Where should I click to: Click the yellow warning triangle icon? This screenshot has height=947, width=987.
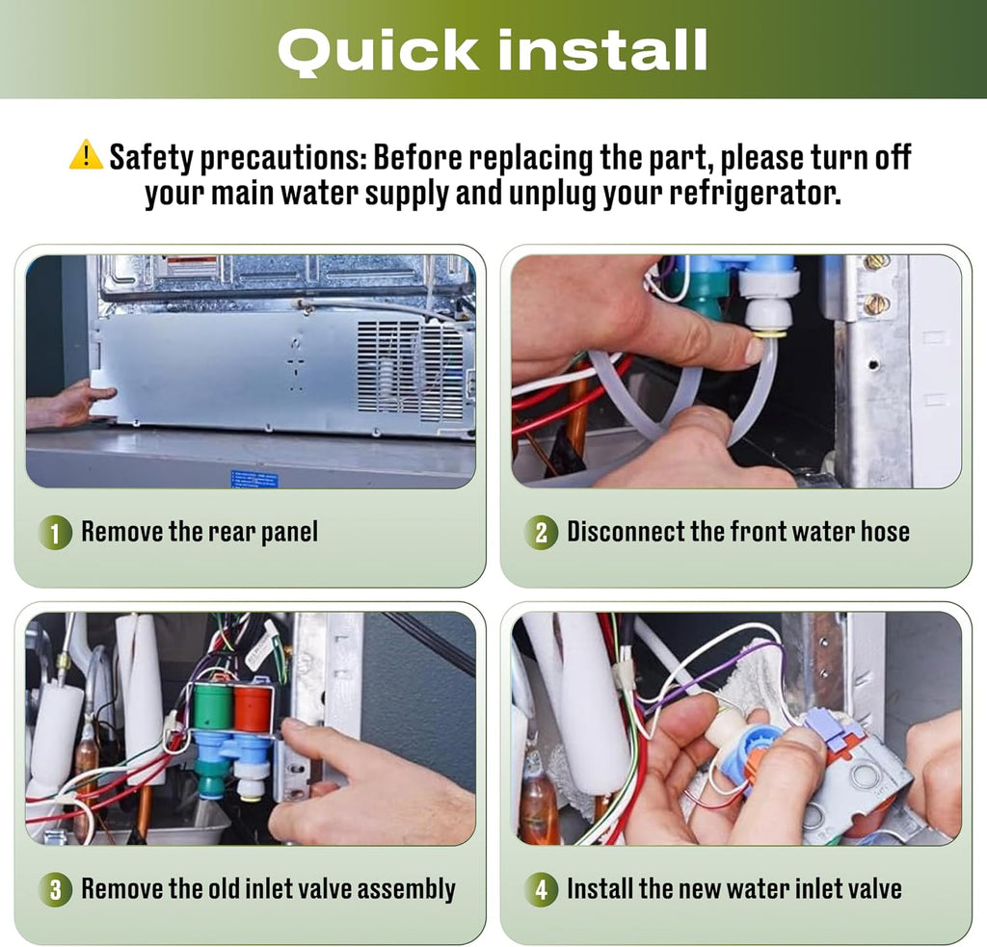86,155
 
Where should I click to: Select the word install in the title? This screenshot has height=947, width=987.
602,49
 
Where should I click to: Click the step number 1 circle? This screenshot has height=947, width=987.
55,533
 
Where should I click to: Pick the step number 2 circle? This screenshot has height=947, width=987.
541,533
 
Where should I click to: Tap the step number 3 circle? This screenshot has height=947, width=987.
55,890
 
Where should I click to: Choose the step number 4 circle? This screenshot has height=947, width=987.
542,890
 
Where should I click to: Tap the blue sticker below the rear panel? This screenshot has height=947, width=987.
253,478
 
